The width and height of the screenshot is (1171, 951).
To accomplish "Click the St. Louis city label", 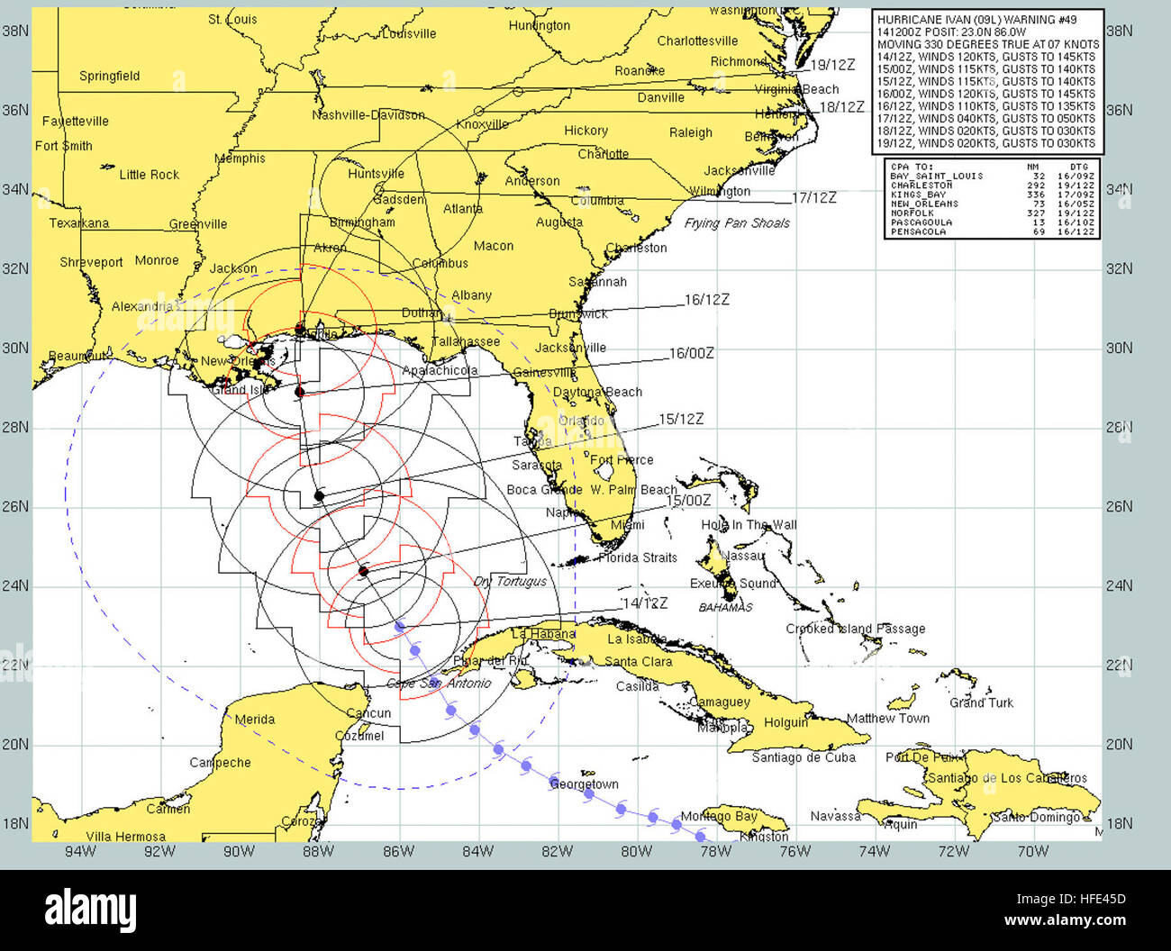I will click(x=232, y=19).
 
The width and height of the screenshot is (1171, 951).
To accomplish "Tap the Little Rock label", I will click(x=150, y=175).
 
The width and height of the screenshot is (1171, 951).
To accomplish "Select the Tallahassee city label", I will click(x=466, y=342).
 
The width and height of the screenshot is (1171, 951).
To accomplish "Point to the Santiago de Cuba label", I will click(x=803, y=757).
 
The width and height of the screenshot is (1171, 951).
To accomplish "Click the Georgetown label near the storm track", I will click(x=585, y=784).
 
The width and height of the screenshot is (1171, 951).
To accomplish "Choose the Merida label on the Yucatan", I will click(x=255, y=720).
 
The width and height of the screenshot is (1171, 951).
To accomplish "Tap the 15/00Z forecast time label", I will click(x=688, y=501).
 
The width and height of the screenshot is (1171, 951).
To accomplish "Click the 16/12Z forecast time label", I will click(x=706, y=300).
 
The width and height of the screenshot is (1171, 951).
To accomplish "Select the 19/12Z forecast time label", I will click(x=832, y=65).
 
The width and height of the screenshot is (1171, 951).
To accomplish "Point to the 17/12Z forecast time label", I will click(x=813, y=198).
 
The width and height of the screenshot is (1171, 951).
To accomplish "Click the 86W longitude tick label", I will click(x=398, y=851).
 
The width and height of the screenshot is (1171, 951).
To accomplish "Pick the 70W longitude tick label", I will click(x=1032, y=851).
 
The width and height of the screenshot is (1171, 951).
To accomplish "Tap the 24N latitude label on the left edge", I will click(x=15, y=586).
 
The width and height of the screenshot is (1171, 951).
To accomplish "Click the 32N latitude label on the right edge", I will click(x=1119, y=269).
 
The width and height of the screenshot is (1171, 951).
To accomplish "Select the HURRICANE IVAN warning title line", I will click(x=976, y=19).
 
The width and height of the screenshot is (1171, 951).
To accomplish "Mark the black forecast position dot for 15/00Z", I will click(x=364, y=571).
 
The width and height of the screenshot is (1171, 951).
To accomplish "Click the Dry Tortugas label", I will click(x=511, y=582).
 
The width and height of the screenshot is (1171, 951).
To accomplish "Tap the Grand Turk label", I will click(x=981, y=702).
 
